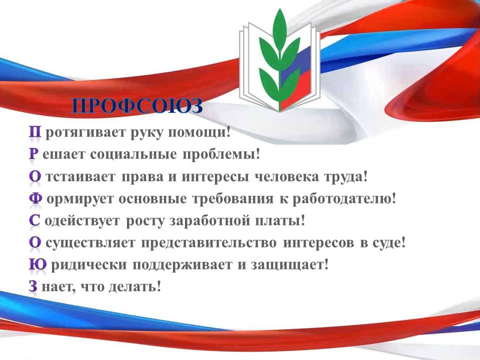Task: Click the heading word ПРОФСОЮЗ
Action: (137, 106)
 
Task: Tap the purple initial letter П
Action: (35, 132)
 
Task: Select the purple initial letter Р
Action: (33, 154)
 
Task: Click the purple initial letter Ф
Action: (36, 198)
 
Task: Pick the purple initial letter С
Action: (34, 220)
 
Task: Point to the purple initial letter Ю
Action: (38, 264)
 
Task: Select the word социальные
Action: (133, 154)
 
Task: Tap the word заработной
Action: (209, 220)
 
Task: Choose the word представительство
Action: (209, 243)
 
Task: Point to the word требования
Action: (232, 199)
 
